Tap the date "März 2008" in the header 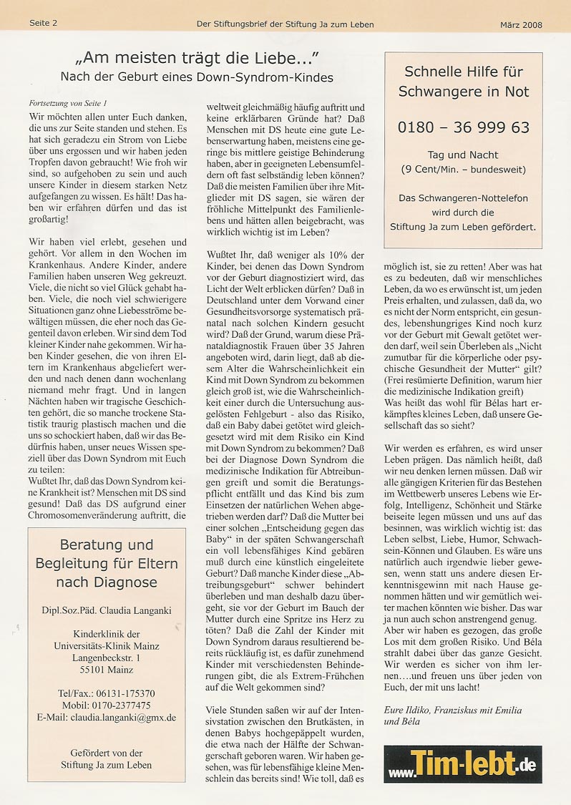[x=521, y=24]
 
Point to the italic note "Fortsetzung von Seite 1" [x=68, y=103]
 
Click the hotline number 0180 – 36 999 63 [x=463, y=127]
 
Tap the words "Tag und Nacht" [x=463, y=155]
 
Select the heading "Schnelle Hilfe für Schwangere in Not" [x=463, y=82]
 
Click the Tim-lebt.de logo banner [x=462, y=764]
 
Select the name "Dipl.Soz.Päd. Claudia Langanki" [x=107, y=610]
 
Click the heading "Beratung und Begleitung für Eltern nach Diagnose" [x=107, y=564]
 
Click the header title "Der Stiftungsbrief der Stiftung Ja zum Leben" [x=285, y=24]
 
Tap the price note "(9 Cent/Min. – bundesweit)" [x=463, y=170]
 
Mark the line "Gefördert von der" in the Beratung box [x=107, y=753]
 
